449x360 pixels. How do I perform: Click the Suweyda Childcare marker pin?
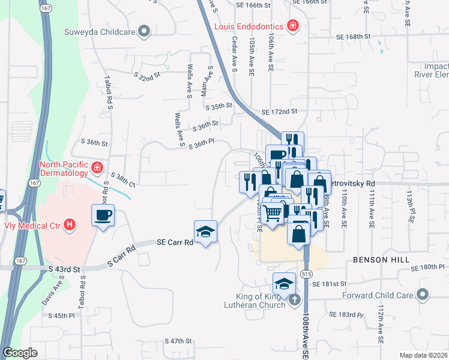tap(143, 31)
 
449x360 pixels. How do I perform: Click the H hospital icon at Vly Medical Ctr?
tap(70, 225)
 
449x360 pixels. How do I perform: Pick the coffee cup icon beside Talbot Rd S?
tap(103, 215)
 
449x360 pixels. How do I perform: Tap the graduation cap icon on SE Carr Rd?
tap(205, 232)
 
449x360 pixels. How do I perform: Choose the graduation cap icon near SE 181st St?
tap(284, 283)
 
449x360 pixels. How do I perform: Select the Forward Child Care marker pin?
tap(423, 295)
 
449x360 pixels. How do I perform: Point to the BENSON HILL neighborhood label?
tap(381, 260)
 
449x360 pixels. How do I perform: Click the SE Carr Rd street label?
tap(175, 243)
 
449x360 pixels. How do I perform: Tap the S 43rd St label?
tap(64, 269)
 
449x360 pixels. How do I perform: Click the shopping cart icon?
tap(273, 212)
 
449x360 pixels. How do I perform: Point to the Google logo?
tap(20, 353)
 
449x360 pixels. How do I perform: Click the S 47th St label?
tap(178, 341)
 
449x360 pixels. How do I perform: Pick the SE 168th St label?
tap(354, 37)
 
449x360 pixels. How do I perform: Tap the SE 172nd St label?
tap(279, 112)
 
